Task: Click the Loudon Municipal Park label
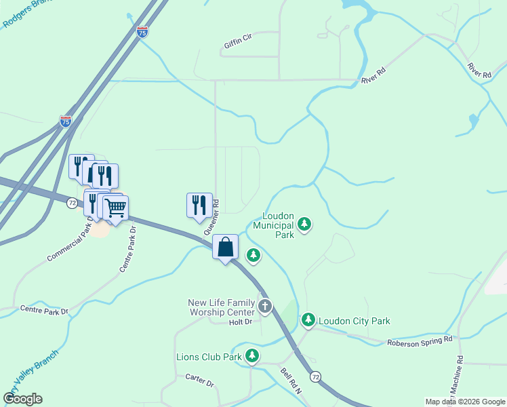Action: click(x=274, y=225)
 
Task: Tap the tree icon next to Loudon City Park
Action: click(x=308, y=319)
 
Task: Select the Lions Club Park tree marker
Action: click(x=252, y=355)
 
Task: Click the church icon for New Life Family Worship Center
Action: click(x=264, y=307)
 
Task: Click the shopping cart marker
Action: click(x=116, y=207)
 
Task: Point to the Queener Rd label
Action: click(x=211, y=216)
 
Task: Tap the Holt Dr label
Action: click(x=240, y=322)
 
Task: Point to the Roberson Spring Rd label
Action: click(x=419, y=341)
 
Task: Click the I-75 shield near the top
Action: click(x=142, y=31)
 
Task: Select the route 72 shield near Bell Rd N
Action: click(x=315, y=375)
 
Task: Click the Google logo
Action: click(x=22, y=399)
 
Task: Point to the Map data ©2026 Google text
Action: click(x=464, y=402)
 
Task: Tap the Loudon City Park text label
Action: click(x=354, y=321)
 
